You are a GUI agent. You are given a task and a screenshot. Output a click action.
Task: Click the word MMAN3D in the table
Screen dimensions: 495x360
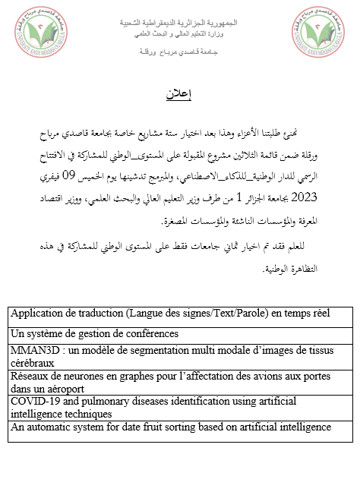pos(33,349)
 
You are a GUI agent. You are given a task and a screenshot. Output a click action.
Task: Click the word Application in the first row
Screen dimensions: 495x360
pos(38,313)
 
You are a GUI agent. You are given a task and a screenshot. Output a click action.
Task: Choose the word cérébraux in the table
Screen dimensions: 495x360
pos(33,363)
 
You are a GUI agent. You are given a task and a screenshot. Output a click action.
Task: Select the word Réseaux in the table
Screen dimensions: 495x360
pos(30,375)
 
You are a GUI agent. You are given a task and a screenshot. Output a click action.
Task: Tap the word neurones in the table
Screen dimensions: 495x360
pos(84,375)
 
